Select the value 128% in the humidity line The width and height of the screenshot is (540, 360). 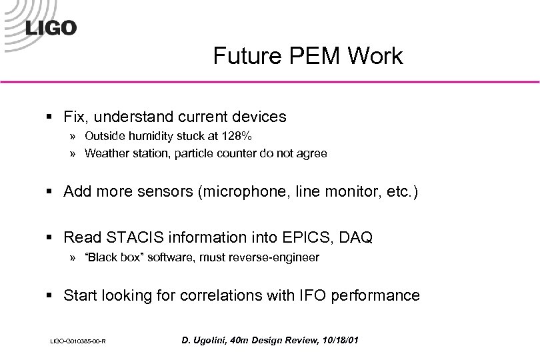pyautogui.click(x=237, y=136)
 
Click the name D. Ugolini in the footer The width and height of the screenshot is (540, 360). pyautogui.click(x=203, y=341)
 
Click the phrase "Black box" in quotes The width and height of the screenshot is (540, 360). pyautogui.click(x=109, y=257)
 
